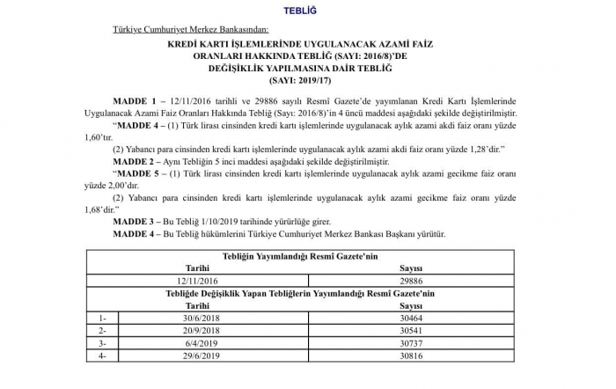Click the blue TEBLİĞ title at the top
[x=307, y=11]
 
